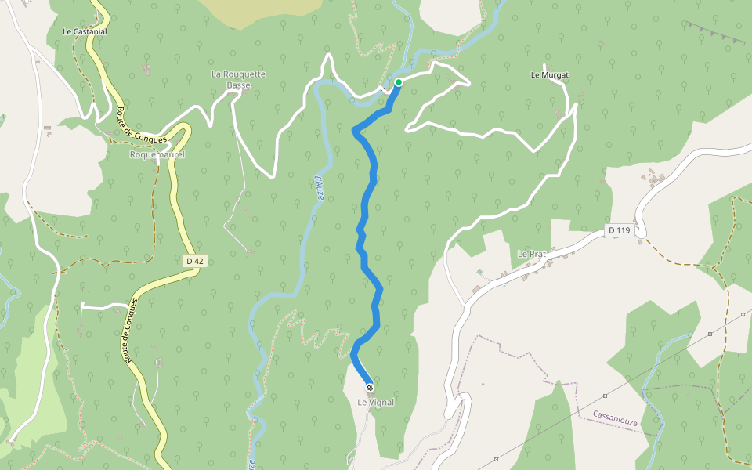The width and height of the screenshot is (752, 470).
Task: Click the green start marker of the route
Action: pyautogui.click(x=399, y=82)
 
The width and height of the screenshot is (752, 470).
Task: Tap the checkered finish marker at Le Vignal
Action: pyautogui.click(x=370, y=387)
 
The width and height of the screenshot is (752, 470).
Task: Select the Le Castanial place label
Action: pyautogui.click(x=85, y=31)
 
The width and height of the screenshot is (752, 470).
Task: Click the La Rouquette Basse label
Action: pyautogui.click(x=238, y=79)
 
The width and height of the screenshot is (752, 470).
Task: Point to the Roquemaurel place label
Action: pyautogui.click(x=157, y=155)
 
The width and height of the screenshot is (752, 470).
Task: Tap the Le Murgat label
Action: pyautogui.click(x=549, y=75)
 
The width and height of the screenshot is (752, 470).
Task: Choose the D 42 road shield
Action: pyautogui.click(x=196, y=260)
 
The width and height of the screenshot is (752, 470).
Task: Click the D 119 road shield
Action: pyautogui.click(x=619, y=230)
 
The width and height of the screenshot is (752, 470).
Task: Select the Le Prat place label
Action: pyautogui.click(x=530, y=254)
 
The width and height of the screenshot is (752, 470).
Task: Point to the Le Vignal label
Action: pyautogui.click(x=375, y=403)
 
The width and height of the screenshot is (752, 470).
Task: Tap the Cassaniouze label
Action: pyautogui.click(x=615, y=414)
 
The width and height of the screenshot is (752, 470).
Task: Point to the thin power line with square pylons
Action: pyautogui.click(x=658, y=360)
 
